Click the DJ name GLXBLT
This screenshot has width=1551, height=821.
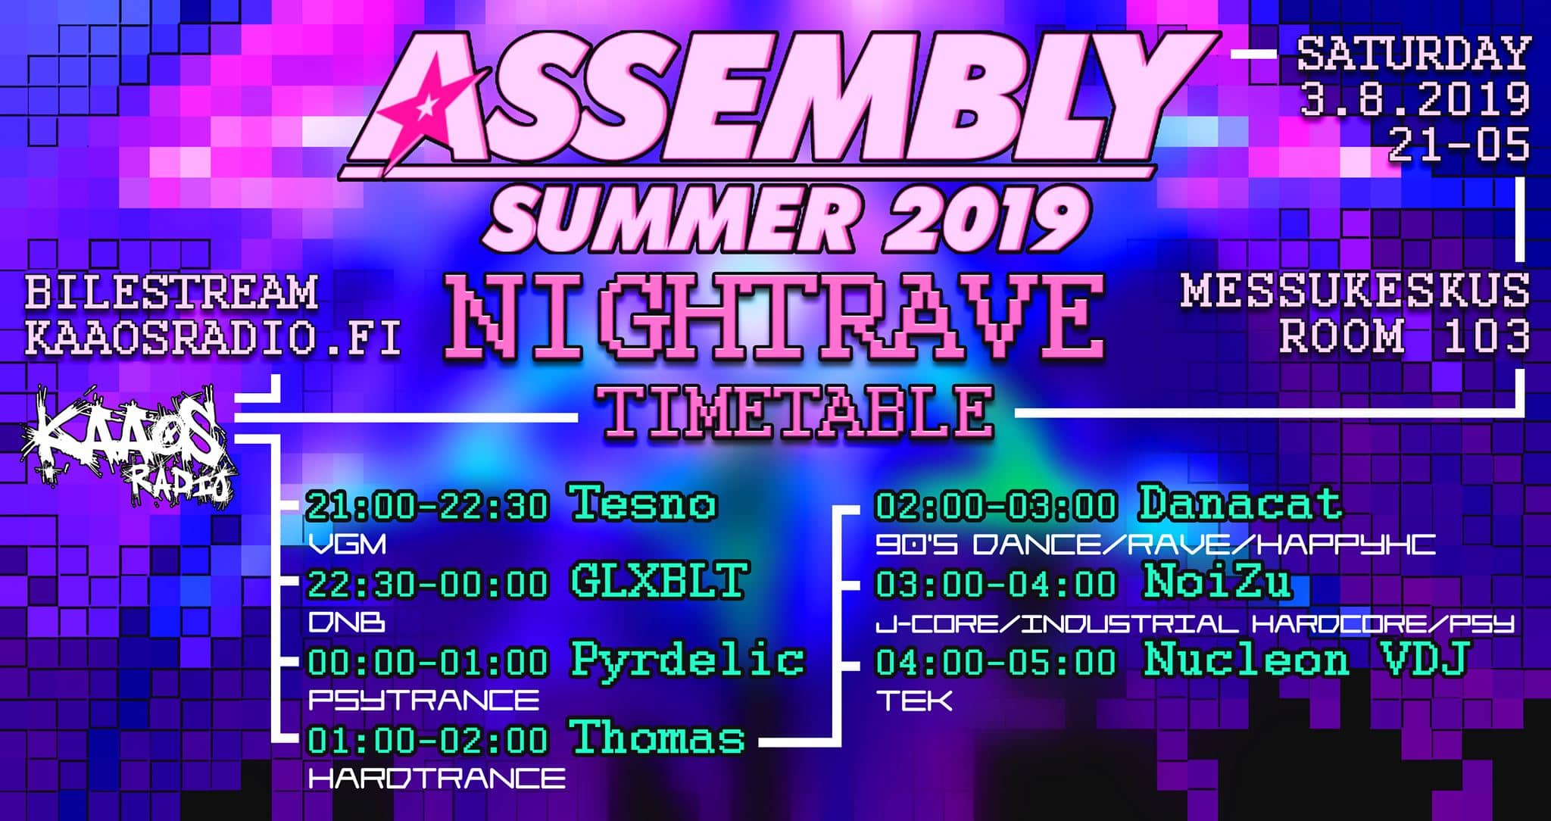658,581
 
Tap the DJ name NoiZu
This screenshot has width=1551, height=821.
1217,581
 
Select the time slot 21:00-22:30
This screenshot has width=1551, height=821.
426,505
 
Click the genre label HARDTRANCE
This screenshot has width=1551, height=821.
437,778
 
